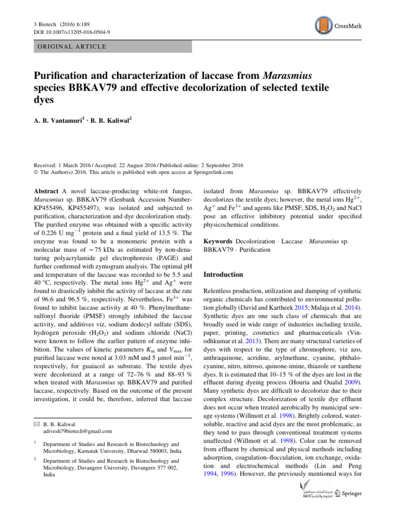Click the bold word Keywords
point(219,241)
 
